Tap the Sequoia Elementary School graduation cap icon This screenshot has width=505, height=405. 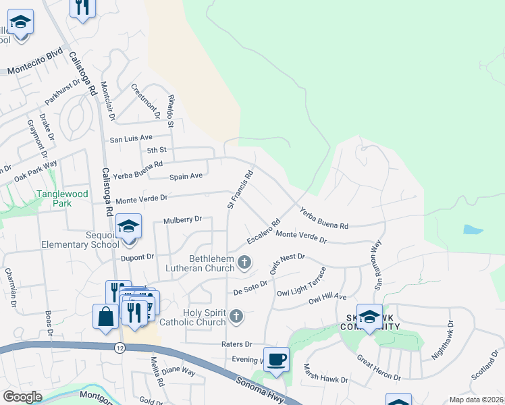128,227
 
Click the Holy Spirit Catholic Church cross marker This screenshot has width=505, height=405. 236,315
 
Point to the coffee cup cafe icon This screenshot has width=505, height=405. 275,359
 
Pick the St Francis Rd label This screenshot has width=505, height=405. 240,188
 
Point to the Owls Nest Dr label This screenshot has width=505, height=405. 288,263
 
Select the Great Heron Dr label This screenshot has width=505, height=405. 379,367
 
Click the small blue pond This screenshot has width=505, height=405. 473,230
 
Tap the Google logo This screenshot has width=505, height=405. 22,397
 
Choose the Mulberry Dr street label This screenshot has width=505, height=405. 182,220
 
